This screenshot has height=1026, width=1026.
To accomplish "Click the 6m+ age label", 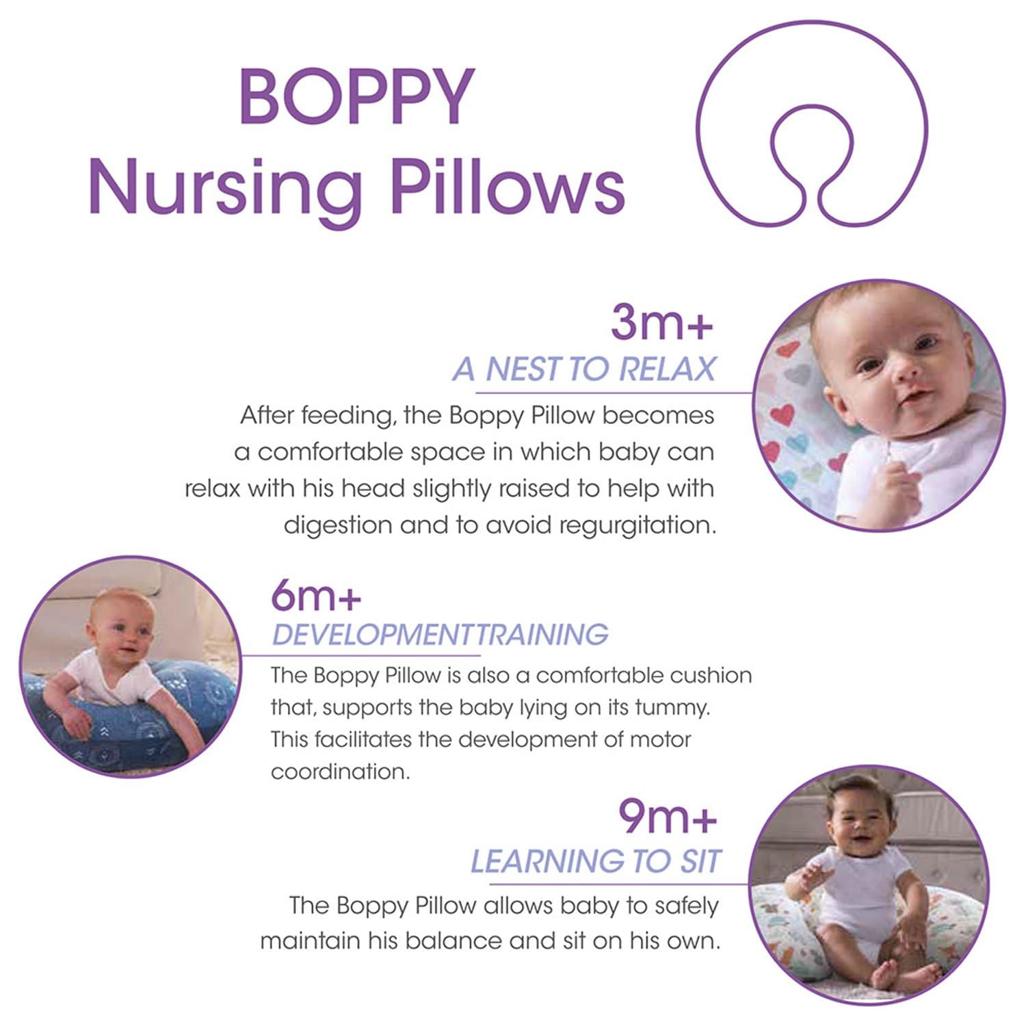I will click(x=315, y=596).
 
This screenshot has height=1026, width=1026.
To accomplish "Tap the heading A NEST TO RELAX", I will click(x=583, y=369).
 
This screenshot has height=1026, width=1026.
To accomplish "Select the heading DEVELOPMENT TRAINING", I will click(x=440, y=635).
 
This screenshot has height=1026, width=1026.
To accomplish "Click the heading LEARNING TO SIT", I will click(x=595, y=861).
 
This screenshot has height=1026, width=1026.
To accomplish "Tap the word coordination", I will click(x=340, y=772).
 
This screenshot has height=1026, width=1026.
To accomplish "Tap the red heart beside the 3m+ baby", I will click(x=782, y=414).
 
